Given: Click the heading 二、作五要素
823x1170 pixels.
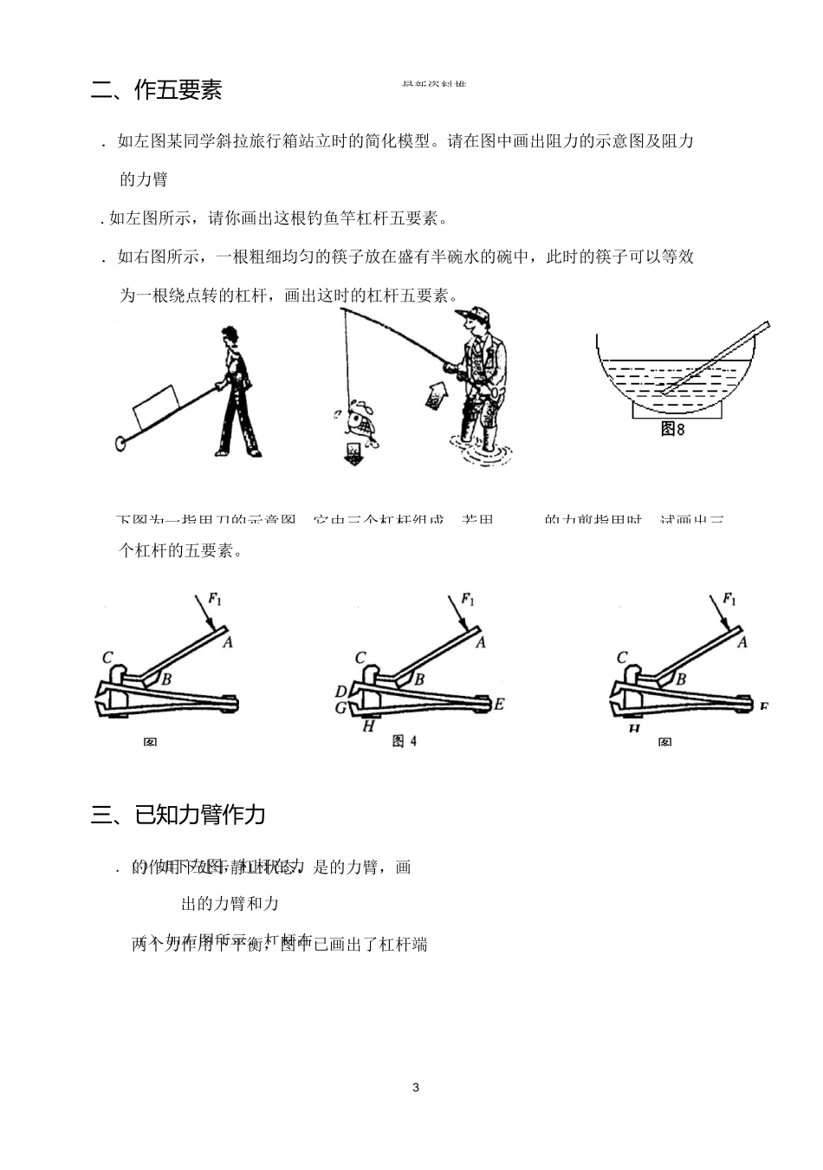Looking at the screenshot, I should click(157, 90).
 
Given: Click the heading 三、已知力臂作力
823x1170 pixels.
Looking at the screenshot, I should click(178, 815).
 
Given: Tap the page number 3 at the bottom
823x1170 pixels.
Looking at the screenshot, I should click(416, 1088).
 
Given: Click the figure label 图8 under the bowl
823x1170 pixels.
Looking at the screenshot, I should click(672, 428).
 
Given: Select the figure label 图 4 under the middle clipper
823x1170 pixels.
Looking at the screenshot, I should click(405, 741).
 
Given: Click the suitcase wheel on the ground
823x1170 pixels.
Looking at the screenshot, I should click(121, 445).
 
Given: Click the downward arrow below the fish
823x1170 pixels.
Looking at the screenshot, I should click(353, 453).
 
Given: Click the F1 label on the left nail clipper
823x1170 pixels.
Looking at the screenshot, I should click(215, 597).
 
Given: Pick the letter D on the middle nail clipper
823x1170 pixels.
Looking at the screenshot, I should click(340, 692).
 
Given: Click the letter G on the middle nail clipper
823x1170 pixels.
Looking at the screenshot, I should click(341, 708).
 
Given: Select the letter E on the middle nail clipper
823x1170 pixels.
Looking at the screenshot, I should click(499, 705).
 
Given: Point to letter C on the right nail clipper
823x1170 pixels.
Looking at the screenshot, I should click(622, 658).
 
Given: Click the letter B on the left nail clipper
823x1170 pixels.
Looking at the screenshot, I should click(166, 679).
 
